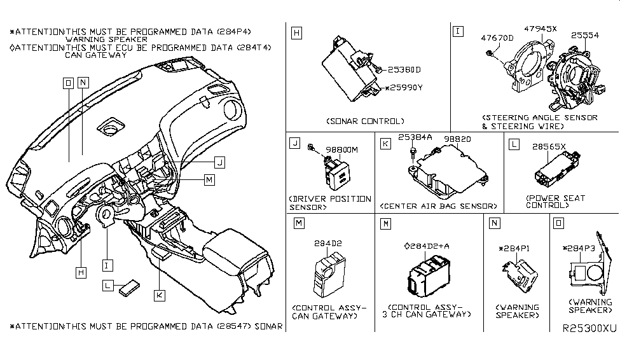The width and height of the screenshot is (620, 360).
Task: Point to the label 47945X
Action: point(541,29)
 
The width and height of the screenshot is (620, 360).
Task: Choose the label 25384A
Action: point(415,137)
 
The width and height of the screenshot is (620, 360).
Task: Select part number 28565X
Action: point(549,146)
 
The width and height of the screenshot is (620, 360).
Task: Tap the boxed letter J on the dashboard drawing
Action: point(219,162)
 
